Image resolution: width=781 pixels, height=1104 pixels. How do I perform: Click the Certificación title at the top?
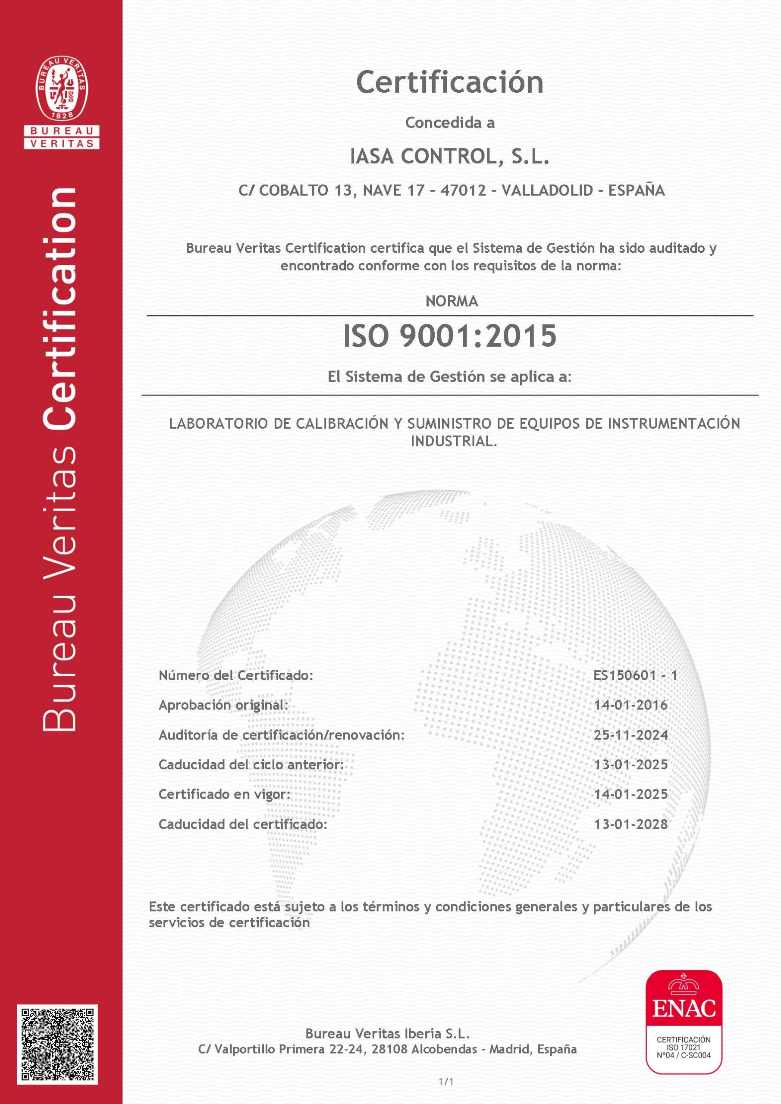tap(450, 83)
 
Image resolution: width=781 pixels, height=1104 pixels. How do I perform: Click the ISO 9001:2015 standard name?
tap(450, 336)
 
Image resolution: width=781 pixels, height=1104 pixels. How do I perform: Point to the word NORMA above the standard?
tap(452, 301)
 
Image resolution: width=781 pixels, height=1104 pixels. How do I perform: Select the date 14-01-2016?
tap(631, 706)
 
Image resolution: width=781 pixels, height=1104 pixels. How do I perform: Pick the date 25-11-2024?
tap(631, 735)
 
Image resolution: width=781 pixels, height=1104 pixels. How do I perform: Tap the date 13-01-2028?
tap(631, 825)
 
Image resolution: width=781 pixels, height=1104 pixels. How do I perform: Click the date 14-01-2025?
tap(631, 794)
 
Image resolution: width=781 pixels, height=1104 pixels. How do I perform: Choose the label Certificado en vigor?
tap(225, 794)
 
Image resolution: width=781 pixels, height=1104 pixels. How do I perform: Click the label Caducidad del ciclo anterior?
tap(251, 765)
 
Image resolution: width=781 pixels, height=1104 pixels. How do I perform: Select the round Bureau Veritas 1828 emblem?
tap(62, 88)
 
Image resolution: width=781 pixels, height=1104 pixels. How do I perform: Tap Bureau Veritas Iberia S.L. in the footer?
tap(387, 1033)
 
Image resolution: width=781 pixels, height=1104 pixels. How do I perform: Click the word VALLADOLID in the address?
tap(547, 191)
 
